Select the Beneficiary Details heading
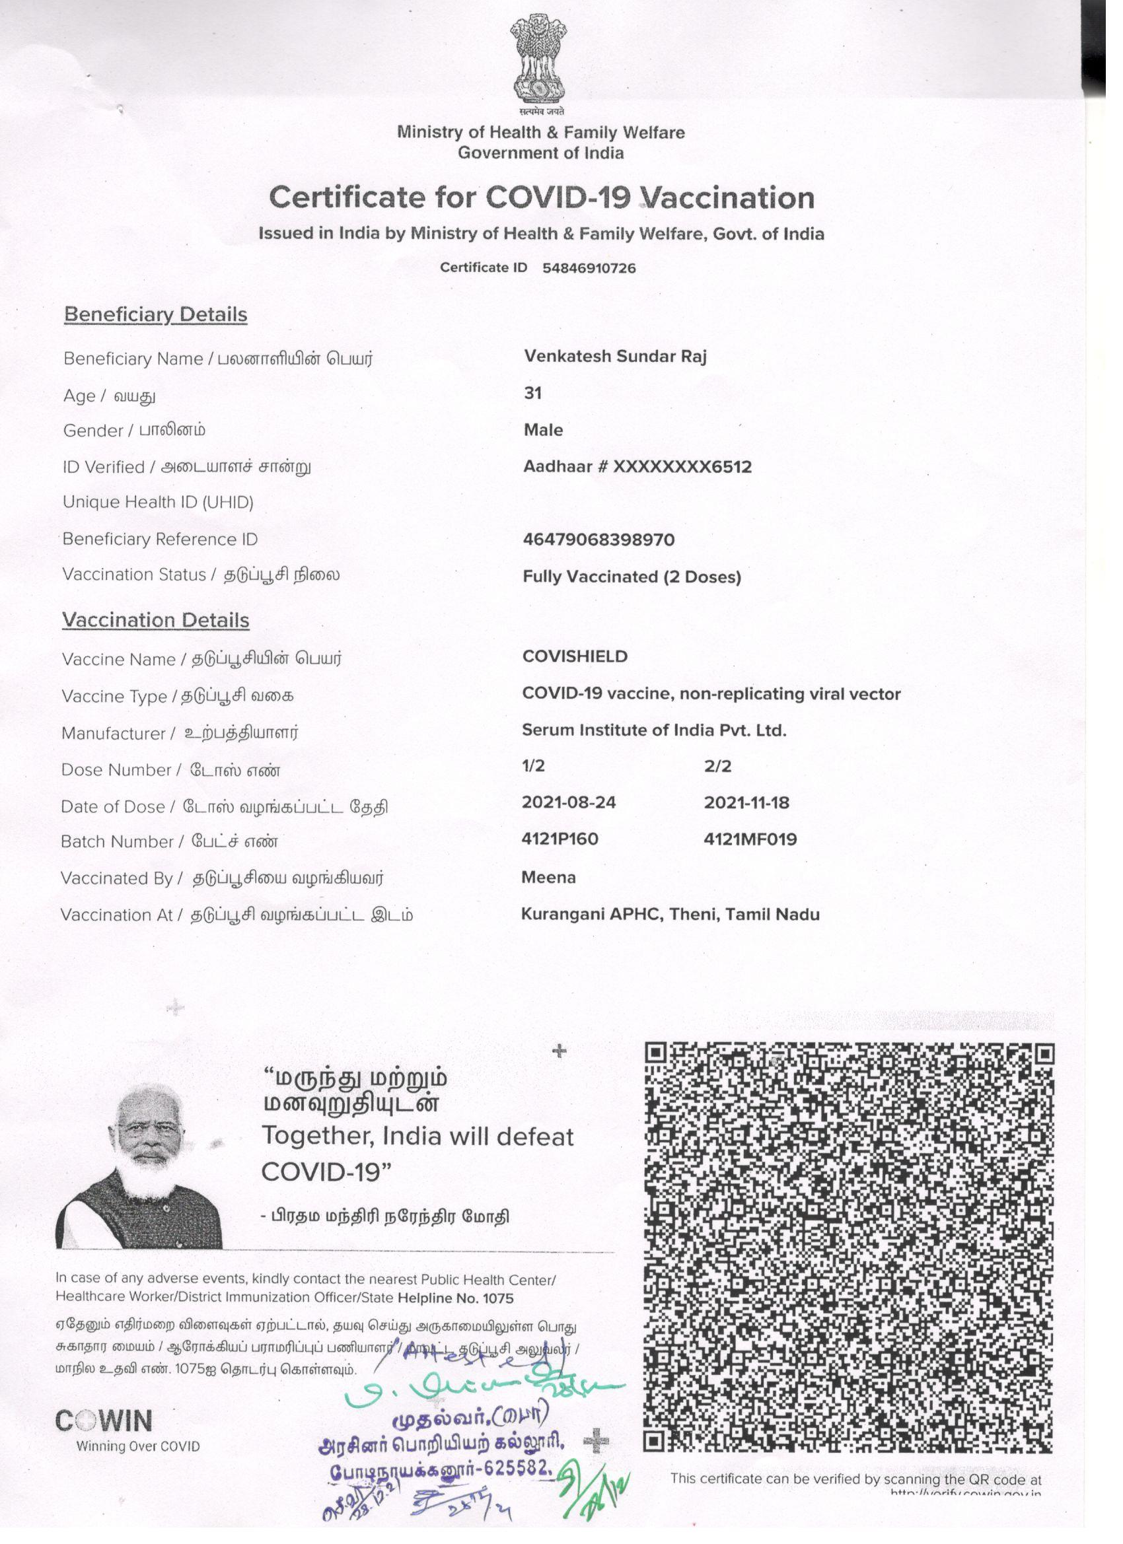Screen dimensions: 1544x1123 pos(155,314)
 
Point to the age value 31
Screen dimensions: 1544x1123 pos(532,393)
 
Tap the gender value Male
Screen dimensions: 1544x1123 pos(543,429)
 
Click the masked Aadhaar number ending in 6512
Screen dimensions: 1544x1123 pos(637,466)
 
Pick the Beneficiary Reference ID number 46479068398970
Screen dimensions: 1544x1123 pos(598,540)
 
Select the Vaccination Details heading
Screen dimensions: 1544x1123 pos(155,620)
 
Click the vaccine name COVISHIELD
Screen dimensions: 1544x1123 pos(574,656)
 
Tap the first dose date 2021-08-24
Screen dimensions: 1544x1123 pos(568,802)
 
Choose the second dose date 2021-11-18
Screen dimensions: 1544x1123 pos(746,802)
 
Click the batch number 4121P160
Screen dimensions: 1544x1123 pos(559,839)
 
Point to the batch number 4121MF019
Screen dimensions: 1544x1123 pos(750,839)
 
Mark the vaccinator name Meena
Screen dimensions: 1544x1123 pos(548,878)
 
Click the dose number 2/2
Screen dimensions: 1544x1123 pos(717,766)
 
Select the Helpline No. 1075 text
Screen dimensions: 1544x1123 pos(455,1298)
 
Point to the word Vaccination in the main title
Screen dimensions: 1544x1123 pos(728,198)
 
